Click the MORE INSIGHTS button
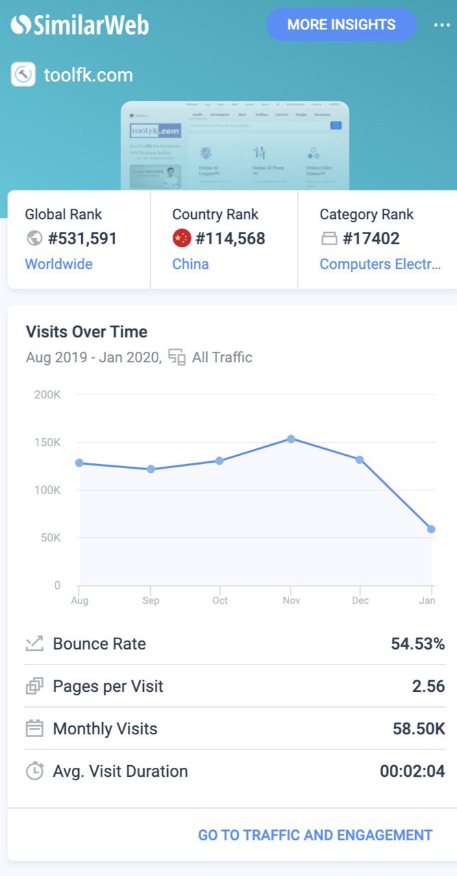coord(341,25)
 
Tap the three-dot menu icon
coord(441,25)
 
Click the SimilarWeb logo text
coord(79,25)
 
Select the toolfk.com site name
coord(88,75)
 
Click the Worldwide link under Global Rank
coord(58,264)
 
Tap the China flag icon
coord(182,238)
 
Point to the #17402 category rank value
coord(371,238)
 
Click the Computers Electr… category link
coord(380,264)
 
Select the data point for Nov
coord(291,439)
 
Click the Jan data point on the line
coord(431,529)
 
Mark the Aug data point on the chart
coord(79,463)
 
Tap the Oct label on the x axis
coord(220,600)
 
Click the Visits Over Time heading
coord(86,332)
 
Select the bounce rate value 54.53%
coord(417,643)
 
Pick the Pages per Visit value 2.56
coord(428,686)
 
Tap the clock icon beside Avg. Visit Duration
coord(34,771)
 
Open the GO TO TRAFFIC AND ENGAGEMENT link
coord(315,835)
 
